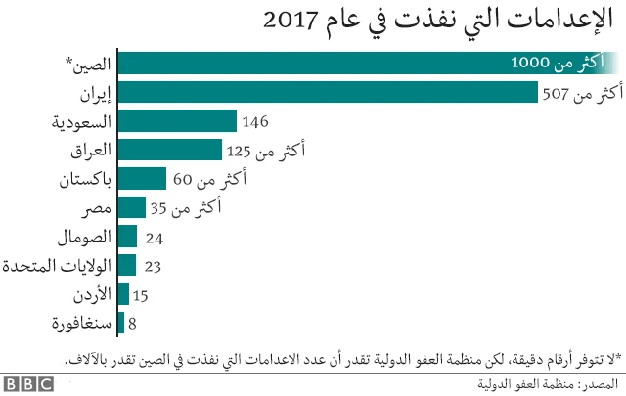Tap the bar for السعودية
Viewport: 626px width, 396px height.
pyautogui.click(x=177, y=121)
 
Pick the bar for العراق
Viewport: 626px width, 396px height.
pyautogui.click(x=169, y=151)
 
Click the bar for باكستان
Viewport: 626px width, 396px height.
pyautogui.click(x=142, y=179)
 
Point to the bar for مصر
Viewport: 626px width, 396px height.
pyautogui.click(x=131, y=208)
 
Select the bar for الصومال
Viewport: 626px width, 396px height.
pyautogui.click(x=127, y=237)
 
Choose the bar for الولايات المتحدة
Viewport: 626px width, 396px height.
pyautogui.click(x=127, y=265)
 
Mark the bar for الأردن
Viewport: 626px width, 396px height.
pyautogui.click(x=123, y=294)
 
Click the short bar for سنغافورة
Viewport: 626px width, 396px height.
pyautogui.click(x=120, y=323)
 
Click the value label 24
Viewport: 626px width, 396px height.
pyautogui.click(x=153, y=238)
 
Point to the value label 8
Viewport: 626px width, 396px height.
pyautogui.click(x=133, y=324)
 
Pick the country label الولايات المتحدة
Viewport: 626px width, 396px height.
pyautogui.click(x=57, y=265)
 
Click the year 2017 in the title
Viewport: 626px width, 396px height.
pyautogui.click(x=292, y=20)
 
